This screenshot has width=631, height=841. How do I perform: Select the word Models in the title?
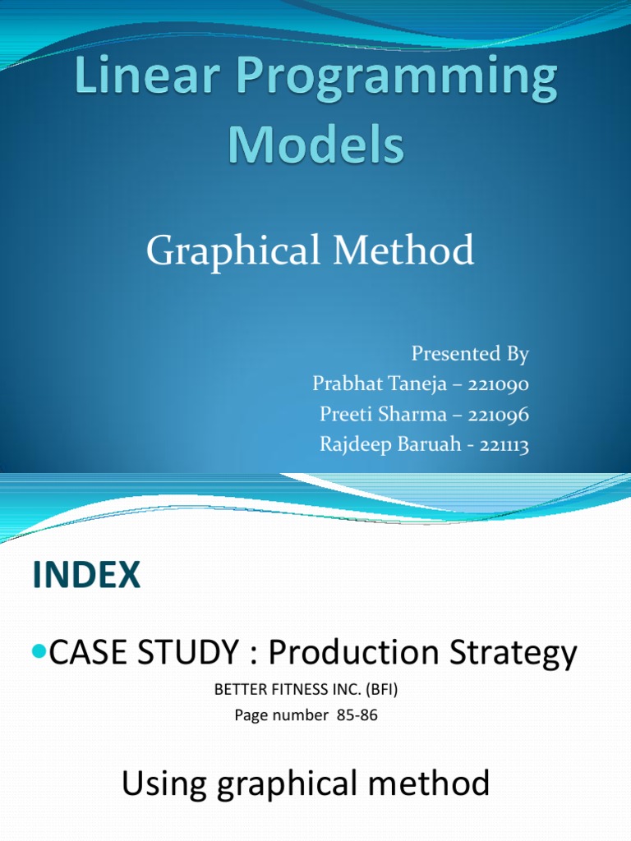click(315, 145)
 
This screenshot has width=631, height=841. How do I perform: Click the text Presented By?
click(470, 355)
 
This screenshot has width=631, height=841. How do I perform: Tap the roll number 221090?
click(499, 384)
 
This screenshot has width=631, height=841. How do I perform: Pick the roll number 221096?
click(499, 415)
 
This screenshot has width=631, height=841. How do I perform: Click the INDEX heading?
click(87, 576)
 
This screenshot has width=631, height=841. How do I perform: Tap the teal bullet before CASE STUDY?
click(40, 652)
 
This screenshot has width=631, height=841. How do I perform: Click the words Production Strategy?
click(423, 654)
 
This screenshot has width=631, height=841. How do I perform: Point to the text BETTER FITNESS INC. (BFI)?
click(306, 691)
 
